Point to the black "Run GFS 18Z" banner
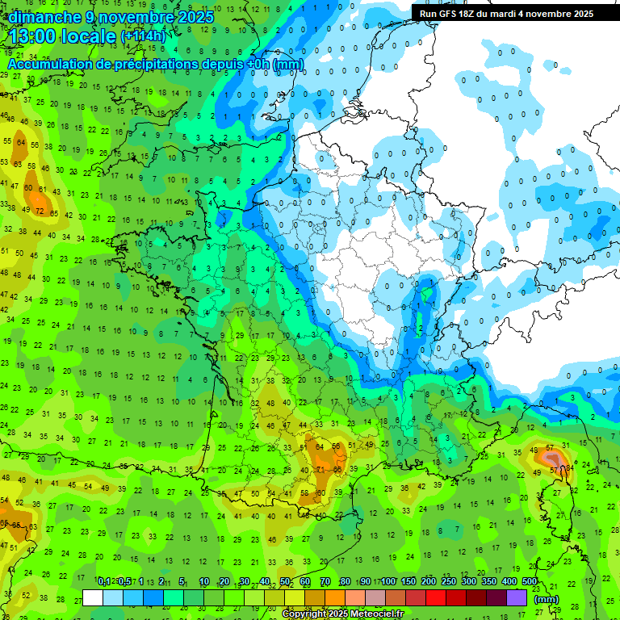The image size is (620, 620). pos(506,13)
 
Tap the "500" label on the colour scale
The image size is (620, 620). pos(530,582)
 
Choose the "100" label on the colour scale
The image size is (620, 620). pos(388,582)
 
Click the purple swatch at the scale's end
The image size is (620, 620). pos(517,597)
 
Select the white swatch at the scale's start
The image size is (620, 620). pos(93,597)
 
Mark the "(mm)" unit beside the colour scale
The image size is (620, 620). pos(547,600)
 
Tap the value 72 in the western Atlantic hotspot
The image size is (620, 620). pos(40,212)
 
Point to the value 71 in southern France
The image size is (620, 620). pos(320,470)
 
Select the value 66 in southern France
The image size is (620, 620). pos(338,470)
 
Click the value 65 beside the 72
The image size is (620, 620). pos(54,215)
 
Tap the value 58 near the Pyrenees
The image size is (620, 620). pos(304,493)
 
